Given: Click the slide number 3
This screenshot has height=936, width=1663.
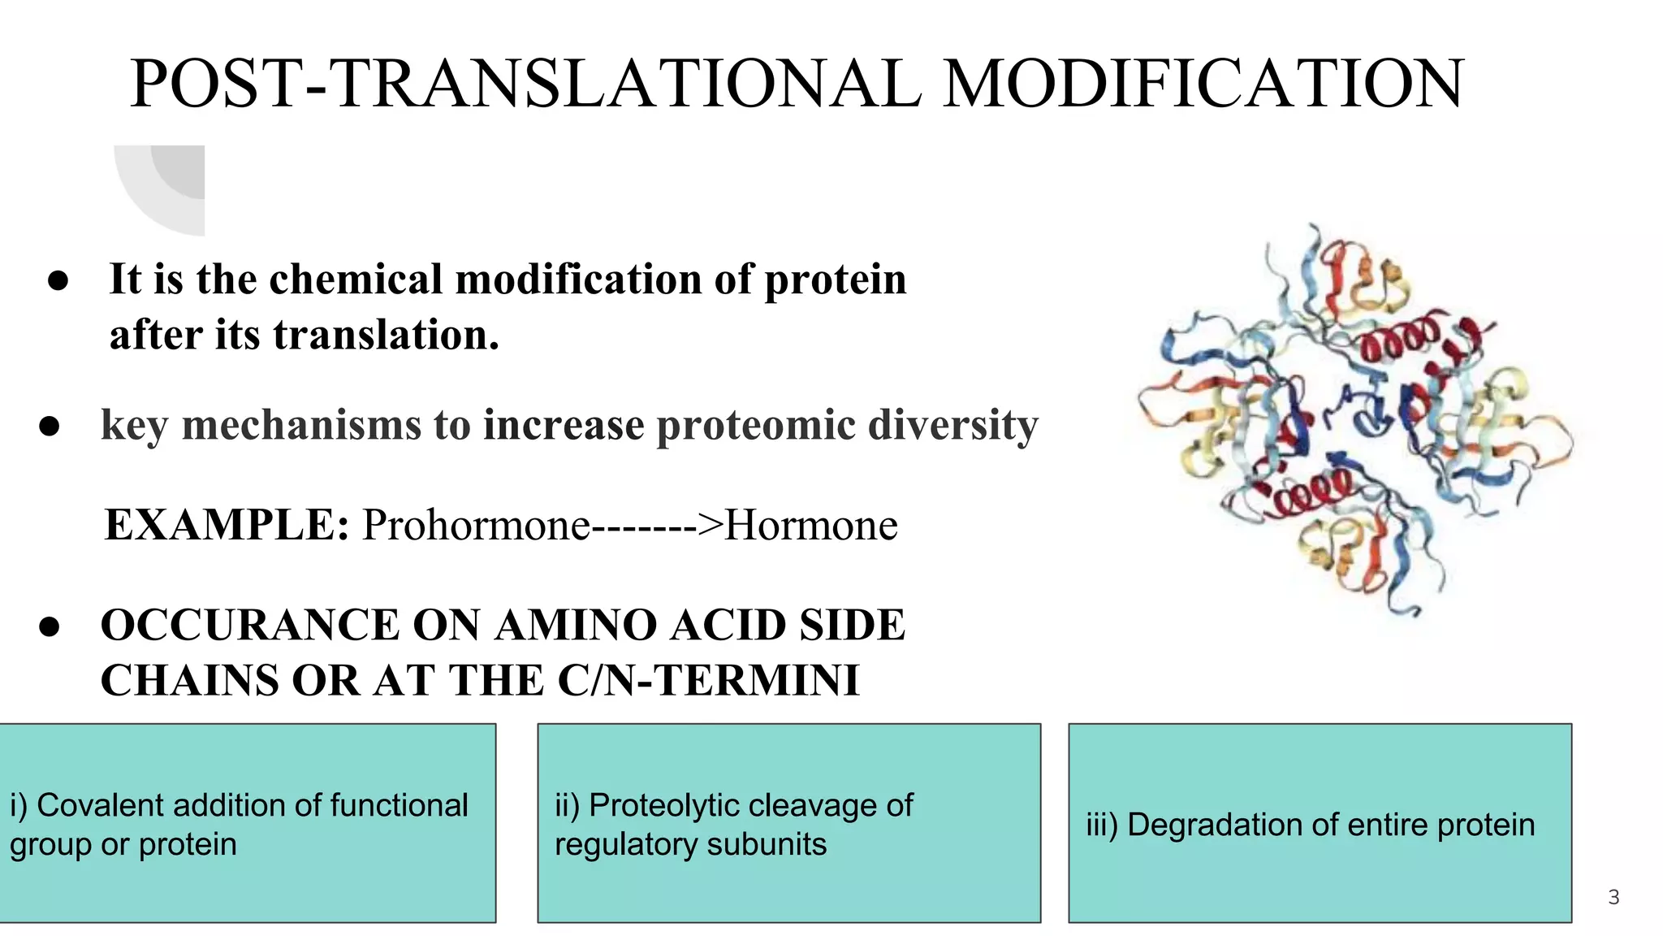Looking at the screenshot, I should tap(1613, 897).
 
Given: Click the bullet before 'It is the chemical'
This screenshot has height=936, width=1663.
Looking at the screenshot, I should tap(58, 281).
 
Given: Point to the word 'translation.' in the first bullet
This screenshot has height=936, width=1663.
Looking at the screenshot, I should tap(386, 335).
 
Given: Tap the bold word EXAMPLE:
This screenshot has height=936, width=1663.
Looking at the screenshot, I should tap(227, 524).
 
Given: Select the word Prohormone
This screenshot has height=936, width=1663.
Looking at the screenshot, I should tap(476, 524).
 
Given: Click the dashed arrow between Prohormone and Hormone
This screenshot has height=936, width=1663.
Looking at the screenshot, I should tap(656, 526).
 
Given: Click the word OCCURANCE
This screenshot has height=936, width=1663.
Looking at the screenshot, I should tap(250, 625).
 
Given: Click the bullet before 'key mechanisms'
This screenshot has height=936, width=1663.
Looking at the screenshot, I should tap(50, 427).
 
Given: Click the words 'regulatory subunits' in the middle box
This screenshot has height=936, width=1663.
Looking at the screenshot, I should tap(690, 844).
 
